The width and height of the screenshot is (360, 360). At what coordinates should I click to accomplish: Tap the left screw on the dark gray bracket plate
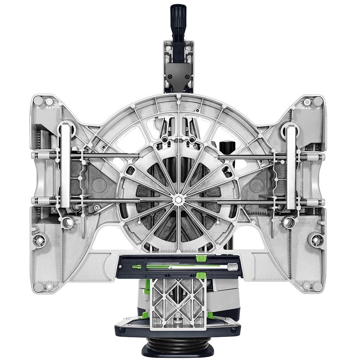(x=168, y=76)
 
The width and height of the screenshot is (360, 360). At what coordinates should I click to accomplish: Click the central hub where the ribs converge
(x=178, y=199)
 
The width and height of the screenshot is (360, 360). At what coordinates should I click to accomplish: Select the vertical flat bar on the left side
(x=65, y=166)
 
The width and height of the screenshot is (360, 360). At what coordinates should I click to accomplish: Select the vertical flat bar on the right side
(x=291, y=166)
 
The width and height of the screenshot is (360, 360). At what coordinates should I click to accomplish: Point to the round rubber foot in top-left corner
(x=38, y=101)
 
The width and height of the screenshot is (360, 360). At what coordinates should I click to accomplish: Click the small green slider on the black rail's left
(x=136, y=267)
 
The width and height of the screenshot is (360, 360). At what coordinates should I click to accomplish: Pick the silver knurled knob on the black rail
(x=233, y=267)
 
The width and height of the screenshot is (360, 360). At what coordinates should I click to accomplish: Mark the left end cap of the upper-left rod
(x=35, y=156)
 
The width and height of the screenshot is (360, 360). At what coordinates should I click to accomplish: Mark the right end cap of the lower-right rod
(x=321, y=202)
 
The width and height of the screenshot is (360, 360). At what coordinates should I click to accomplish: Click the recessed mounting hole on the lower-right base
(x=316, y=239)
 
